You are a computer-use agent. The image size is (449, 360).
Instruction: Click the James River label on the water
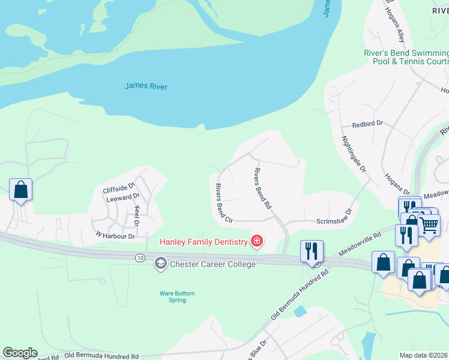(146, 86)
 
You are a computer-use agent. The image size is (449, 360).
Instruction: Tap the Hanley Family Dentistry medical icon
(257, 241)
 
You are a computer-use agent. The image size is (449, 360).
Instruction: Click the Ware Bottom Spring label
(177, 296)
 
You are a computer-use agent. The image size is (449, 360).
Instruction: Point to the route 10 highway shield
(139, 257)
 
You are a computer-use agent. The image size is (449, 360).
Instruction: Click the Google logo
(20, 353)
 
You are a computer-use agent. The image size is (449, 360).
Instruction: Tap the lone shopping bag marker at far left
(20, 190)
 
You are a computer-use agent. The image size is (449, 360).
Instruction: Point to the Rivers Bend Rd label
(262, 188)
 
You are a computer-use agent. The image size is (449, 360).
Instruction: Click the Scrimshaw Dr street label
(333, 221)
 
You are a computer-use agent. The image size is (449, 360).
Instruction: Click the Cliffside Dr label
(119, 187)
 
